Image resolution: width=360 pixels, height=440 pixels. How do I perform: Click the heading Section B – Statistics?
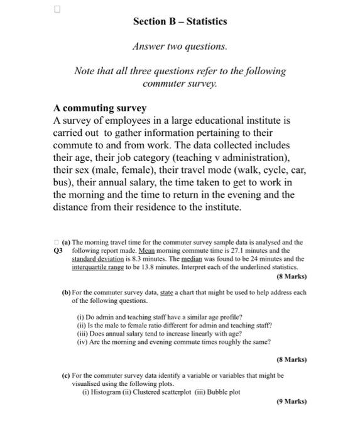180,21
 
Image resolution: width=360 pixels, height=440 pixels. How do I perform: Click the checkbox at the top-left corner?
57,9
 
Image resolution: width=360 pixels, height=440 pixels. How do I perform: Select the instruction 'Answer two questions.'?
180,47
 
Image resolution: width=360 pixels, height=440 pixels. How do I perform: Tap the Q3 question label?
59,250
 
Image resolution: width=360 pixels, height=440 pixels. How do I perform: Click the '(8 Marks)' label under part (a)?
292,275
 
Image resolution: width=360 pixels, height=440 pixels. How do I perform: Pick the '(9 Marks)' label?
292,401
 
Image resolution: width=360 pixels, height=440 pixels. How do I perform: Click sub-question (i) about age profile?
159,317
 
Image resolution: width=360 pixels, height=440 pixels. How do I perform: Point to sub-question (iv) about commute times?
173,342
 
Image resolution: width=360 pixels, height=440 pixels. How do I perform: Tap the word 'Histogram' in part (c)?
111,392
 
